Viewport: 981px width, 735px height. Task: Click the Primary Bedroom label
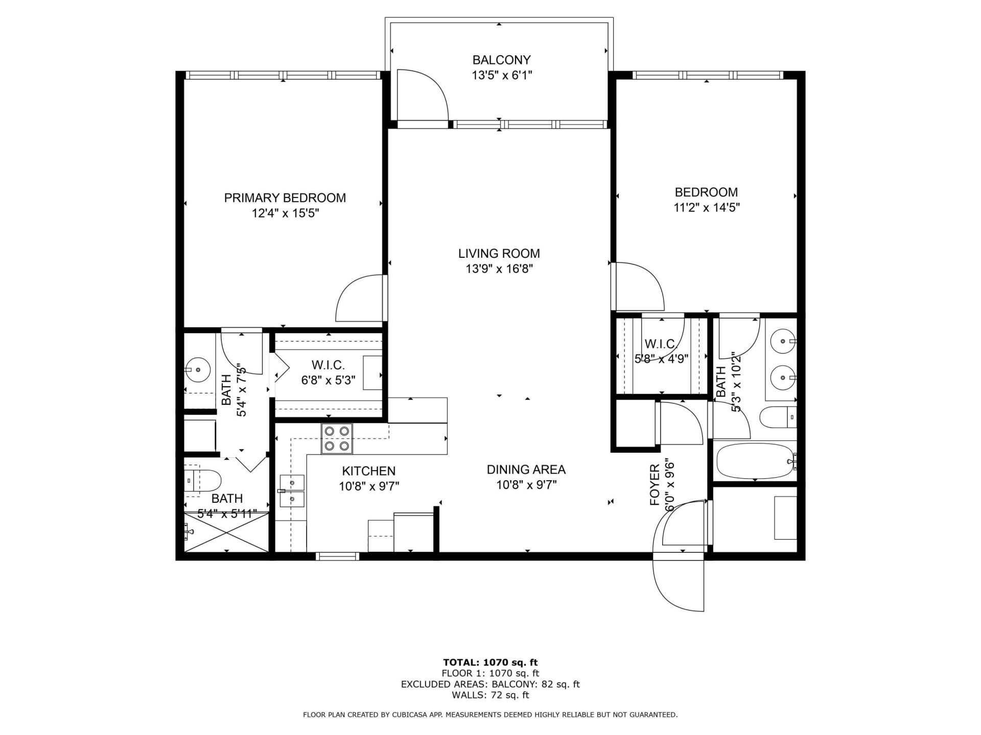pos(285,198)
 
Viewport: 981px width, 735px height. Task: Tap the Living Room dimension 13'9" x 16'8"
pos(499,269)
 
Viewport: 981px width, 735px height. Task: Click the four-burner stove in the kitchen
pos(337,438)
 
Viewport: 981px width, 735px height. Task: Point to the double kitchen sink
pos(292,491)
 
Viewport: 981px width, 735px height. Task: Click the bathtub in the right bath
pos(755,461)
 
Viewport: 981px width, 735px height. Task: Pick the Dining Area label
pos(526,470)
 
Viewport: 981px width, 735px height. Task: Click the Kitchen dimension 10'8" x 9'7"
pos(369,486)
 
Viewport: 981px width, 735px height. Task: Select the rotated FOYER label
pos(655,485)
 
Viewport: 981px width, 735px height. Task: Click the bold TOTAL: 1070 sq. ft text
pos(490,663)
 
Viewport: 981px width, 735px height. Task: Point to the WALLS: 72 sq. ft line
pos(490,695)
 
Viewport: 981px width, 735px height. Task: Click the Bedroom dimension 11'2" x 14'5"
pos(706,208)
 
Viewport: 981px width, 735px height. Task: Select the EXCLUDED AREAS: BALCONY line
pos(490,684)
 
